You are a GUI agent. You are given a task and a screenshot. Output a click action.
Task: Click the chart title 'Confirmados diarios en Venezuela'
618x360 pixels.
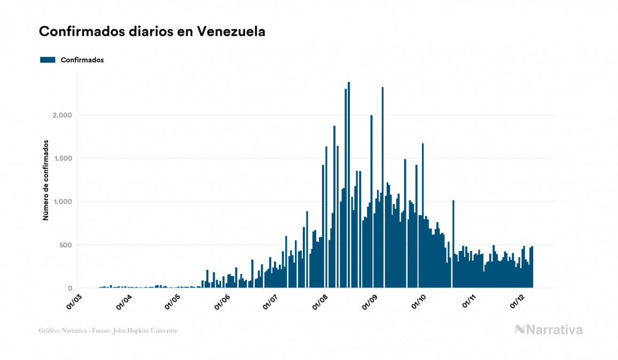pyautogui.click(x=152, y=32)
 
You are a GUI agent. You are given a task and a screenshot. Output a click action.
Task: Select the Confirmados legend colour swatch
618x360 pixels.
pyautogui.click(x=48, y=60)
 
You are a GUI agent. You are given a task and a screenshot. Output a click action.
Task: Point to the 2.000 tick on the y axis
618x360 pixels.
pyautogui.click(x=61, y=115)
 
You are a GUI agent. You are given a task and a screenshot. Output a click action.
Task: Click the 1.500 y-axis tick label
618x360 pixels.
pyautogui.click(x=61, y=159)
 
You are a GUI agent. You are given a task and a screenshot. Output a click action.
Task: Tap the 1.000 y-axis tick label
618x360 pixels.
pyautogui.click(x=61, y=202)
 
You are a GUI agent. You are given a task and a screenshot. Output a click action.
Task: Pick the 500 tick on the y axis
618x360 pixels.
pyautogui.click(x=65, y=245)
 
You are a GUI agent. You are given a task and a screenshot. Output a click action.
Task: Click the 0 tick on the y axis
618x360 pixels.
pyautogui.click(x=69, y=288)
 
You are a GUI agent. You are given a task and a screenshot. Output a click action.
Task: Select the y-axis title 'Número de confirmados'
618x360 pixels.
pyautogui.click(x=46, y=181)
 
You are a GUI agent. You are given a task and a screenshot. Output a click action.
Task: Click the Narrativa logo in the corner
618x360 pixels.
pyautogui.click(x=549, y=330)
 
